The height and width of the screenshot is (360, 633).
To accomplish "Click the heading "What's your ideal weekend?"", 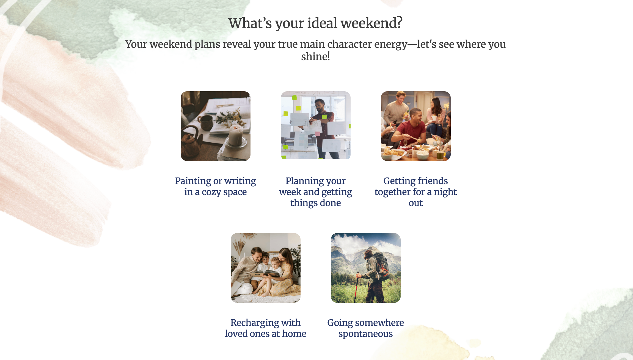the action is coord(315,23).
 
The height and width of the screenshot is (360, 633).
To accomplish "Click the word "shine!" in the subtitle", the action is coord(315,57).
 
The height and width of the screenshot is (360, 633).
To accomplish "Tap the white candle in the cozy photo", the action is coord(236,135).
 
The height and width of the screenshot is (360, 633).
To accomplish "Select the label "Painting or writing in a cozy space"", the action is coord(216,186).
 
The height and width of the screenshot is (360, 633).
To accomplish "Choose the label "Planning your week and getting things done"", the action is coord(316,192).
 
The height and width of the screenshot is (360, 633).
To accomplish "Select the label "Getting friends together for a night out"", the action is coord(416,192).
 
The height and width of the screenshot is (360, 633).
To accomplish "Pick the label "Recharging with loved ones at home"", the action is coord(266,328).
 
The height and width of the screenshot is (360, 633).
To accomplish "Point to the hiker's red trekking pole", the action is coord(357,287).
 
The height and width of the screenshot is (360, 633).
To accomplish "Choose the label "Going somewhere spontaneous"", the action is coord(366,328).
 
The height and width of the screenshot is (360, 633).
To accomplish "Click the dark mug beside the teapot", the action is coord(207,123).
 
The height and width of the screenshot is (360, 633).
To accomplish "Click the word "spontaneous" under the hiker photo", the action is coord(366,334).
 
